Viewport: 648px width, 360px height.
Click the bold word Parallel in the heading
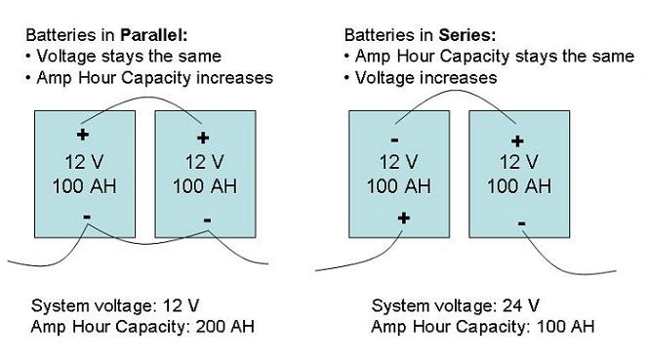click(154, 35)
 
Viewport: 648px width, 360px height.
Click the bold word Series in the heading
click(467, 35)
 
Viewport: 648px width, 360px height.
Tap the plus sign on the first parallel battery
click(83, 135)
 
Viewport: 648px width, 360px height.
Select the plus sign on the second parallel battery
click(203, 138)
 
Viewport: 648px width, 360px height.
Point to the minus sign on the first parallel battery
click(87, 217)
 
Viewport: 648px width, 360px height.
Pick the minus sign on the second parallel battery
click(208, 220)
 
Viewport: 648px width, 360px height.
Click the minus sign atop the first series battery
click(394, 140)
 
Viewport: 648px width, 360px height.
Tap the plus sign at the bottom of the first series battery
click(404, 218)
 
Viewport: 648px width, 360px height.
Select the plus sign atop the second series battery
click(517, 141)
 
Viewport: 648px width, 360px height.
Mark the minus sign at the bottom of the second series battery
click(521, 223)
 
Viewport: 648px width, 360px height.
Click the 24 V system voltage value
click(521, 306)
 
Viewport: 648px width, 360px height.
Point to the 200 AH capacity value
click(224, 327)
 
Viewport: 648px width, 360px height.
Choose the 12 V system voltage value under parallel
click(181, 306)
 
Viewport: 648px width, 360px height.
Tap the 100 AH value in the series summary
click(565, 327)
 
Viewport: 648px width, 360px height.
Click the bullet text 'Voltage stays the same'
click(129, 57)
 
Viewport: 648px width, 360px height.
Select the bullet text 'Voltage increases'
click(426, 78)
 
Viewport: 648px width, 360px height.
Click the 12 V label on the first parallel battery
click(84, 162)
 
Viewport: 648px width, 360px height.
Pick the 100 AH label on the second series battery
click(519, 186)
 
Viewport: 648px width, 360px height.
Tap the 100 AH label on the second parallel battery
click(205, 186)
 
